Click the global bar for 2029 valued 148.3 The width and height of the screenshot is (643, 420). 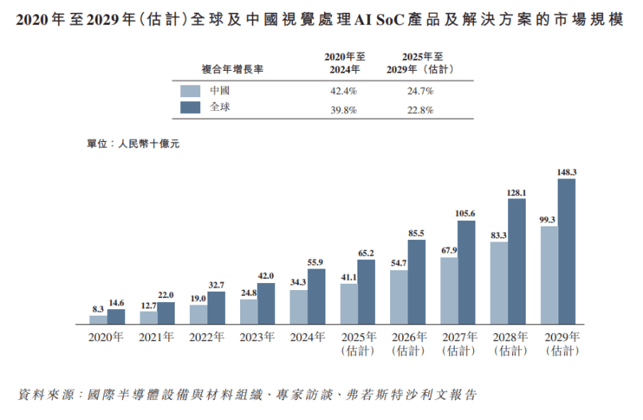(566, 251)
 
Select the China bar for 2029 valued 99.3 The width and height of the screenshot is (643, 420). (549, 275)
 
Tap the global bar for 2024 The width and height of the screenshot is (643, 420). (316, 296)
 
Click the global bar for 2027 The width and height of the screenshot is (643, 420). (467, 272)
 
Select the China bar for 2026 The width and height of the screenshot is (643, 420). (399, 296)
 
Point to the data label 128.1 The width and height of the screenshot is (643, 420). (517, 193)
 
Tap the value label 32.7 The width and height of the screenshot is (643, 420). (216, 285)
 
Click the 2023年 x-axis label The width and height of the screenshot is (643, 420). (257, 336)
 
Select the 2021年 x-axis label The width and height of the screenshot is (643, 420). (156, 336)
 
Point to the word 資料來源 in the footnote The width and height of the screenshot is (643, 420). (45, 394)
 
